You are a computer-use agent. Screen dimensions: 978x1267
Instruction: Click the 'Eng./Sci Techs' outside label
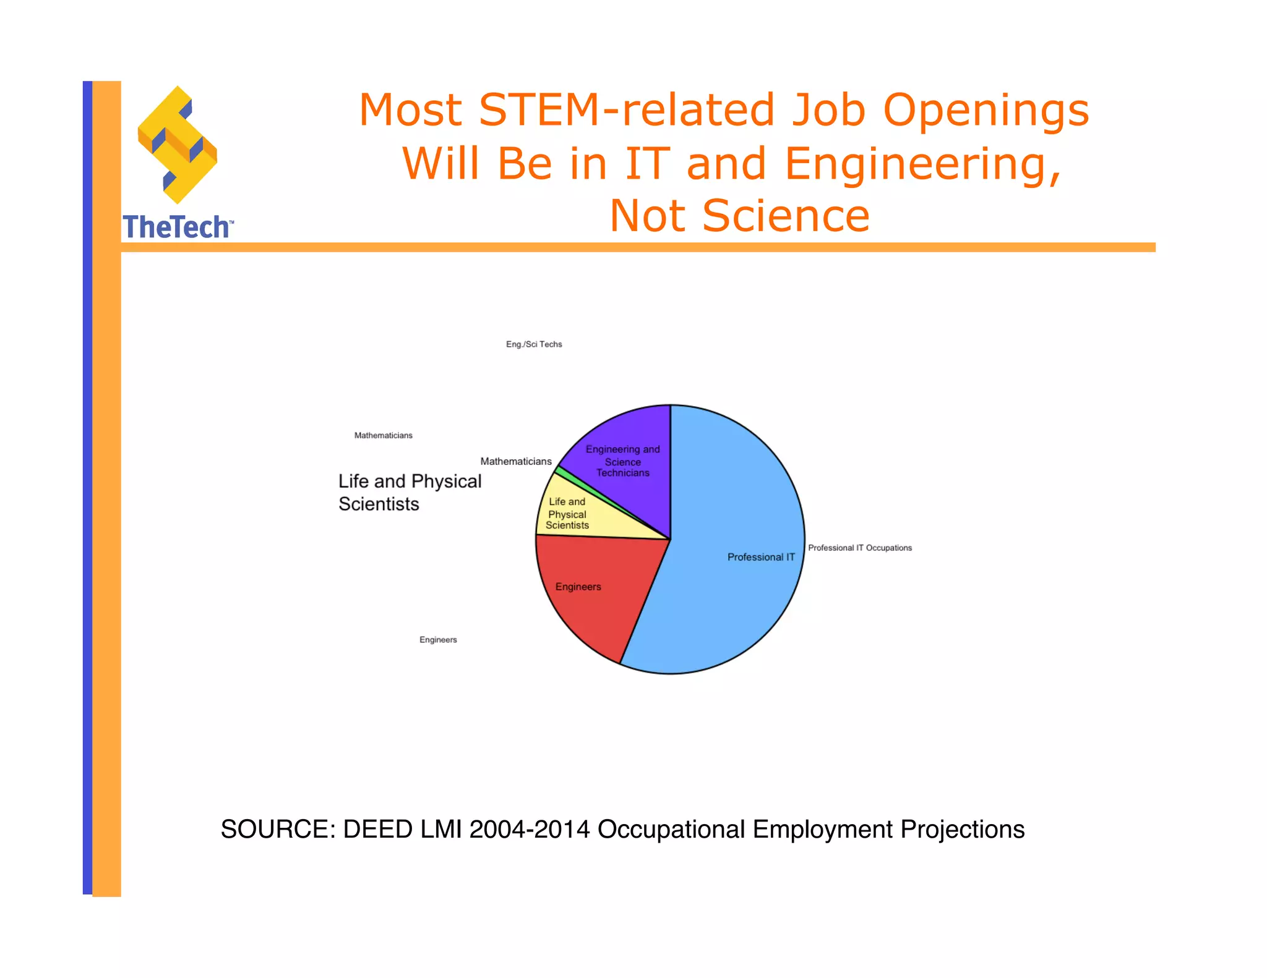click(534, 344)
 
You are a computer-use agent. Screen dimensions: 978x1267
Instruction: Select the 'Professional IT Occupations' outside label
click(860, 548)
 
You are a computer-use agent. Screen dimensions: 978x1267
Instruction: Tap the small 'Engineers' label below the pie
click(438, 640)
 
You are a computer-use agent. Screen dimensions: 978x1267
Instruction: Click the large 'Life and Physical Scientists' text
click(410, 493)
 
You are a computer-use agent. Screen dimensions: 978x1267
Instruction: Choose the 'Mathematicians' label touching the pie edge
click(516, 461)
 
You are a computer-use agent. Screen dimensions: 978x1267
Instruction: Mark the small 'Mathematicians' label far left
click(383, 435)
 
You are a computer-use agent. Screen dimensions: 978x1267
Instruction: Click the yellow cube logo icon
click(178, 145)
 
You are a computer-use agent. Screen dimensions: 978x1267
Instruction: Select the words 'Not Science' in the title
click(739, 216)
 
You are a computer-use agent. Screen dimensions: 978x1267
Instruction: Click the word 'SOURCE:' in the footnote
click(278, 829)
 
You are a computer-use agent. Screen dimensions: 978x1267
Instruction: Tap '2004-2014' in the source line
click(530, 829)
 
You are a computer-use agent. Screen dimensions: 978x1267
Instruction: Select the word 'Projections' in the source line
click(963, 829)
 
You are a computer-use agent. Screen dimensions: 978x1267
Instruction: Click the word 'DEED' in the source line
click(377, 829)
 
